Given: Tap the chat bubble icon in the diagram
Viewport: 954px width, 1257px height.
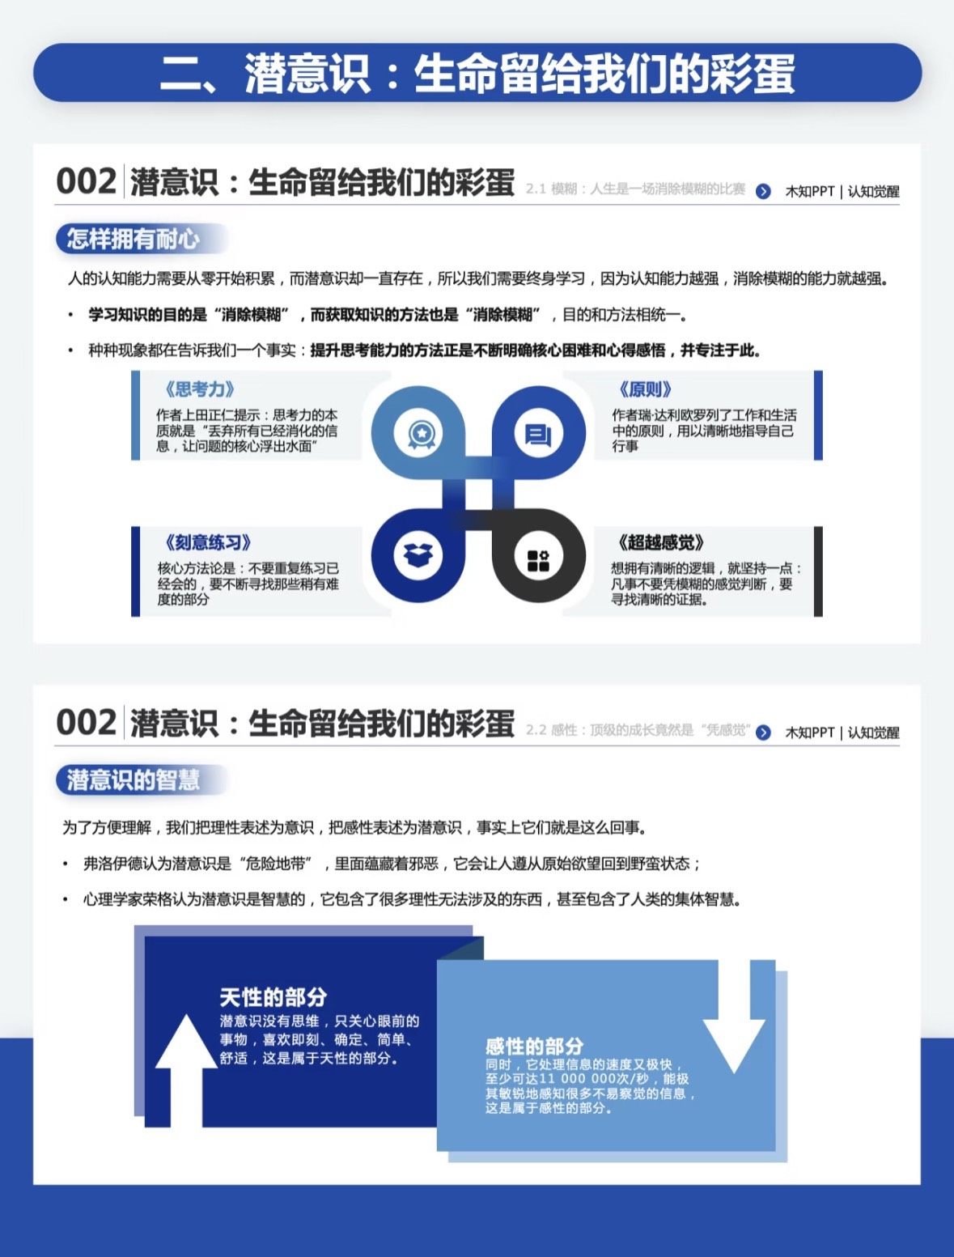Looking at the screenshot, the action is (538, 435).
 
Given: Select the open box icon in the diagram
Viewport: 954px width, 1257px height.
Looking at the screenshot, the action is (418, 555).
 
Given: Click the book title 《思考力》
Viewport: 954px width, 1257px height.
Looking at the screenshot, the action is (200, 389).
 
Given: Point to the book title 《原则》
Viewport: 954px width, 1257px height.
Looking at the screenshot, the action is (645, 389).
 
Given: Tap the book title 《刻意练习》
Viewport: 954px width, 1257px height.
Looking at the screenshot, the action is (208, 541).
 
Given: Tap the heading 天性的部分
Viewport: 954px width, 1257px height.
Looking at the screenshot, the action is (273, 997).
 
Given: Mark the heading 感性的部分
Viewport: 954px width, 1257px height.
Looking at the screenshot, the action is (534, 1046).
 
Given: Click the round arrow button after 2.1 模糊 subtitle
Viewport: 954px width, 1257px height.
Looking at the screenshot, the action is (763, 191).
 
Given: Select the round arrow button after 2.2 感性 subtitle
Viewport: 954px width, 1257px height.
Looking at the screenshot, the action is (763, 733).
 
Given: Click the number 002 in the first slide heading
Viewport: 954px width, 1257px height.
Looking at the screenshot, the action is (87, 181).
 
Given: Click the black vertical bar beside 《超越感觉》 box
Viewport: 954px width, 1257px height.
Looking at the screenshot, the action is (818, 571).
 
